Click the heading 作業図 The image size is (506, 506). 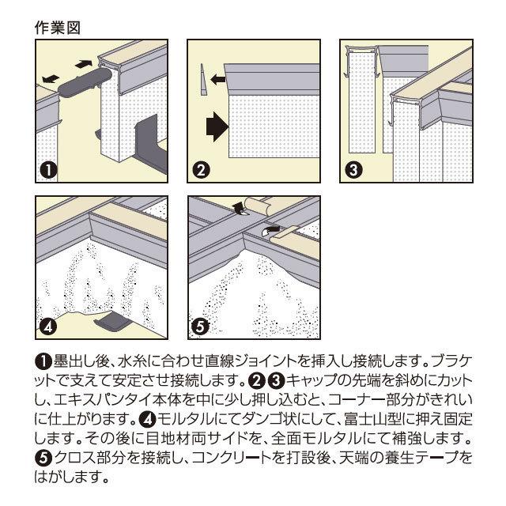click(x=57, y=28)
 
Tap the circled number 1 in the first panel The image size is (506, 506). click(x=47, y=171)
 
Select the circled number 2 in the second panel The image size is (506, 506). click(x=200, y=171)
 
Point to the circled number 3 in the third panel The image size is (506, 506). click(x=353, y=170)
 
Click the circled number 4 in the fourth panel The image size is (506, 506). click(x=47, y=327)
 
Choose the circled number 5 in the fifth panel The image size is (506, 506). click(x=200, y=327)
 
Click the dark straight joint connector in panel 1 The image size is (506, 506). click(x=85, y=82)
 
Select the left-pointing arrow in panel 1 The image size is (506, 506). click(x=51, y=79)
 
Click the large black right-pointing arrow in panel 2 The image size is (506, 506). click(x=217, y=126)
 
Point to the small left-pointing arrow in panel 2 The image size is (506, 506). click(x=218, y=79)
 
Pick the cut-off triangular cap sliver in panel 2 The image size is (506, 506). click(x=203, y=79)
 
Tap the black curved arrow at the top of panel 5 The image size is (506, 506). click(x=239, y=209)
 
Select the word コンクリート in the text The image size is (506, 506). click(x=230, y=457)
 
